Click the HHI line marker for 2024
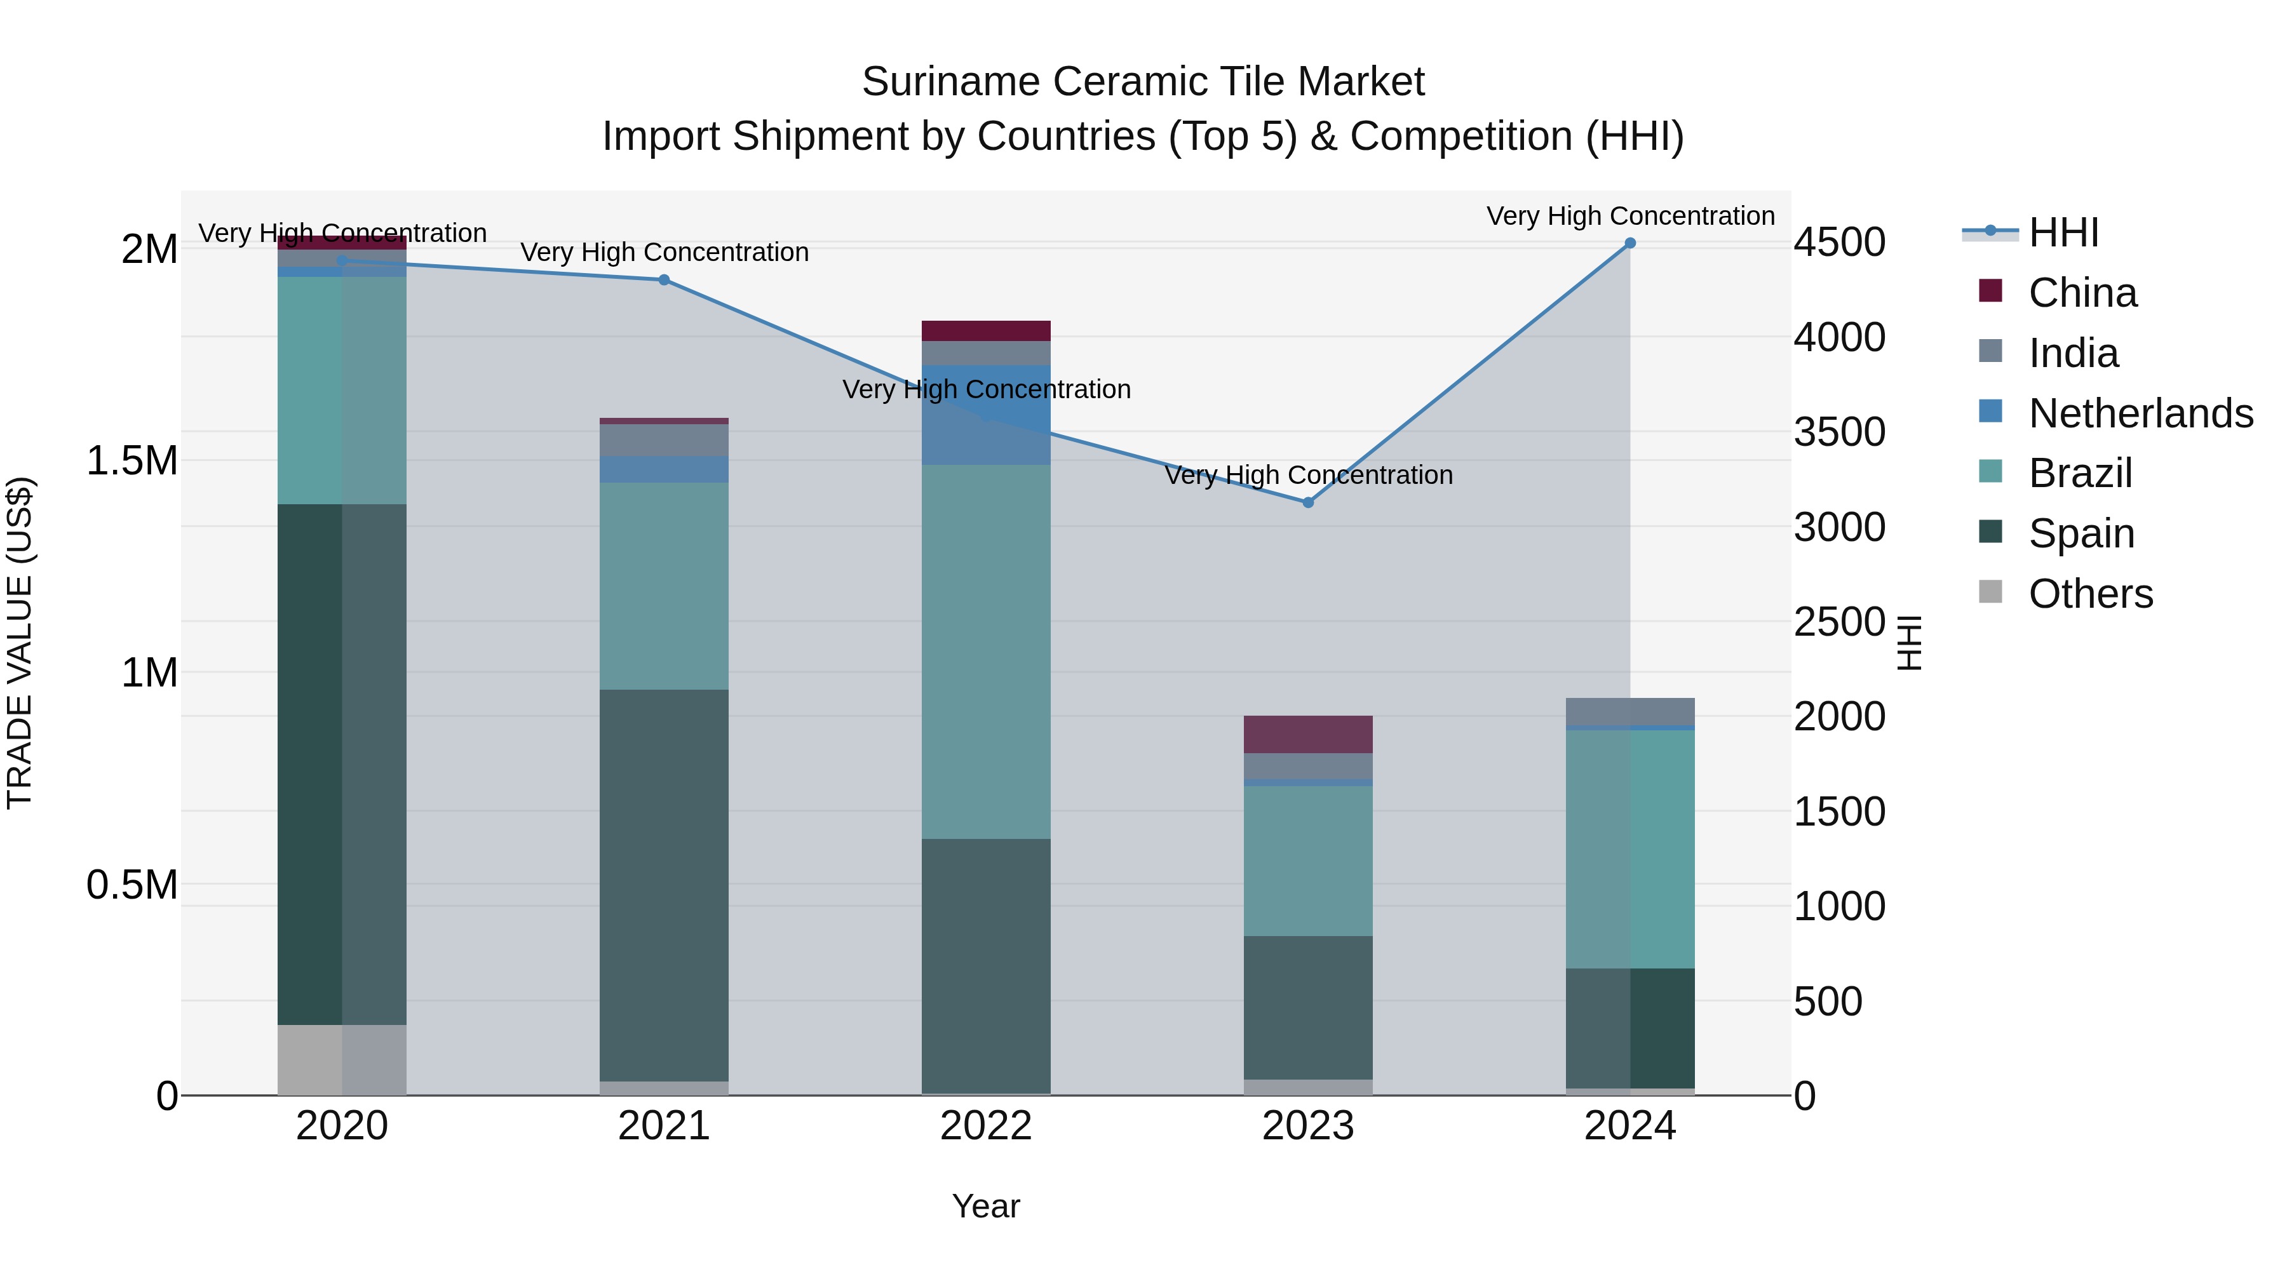[x=1630, y=243]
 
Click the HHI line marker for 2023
[x=1308, y=502]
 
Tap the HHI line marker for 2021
[x=664, y=279]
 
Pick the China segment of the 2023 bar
[x=1308, y=734]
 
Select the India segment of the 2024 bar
[x=1630, y=712]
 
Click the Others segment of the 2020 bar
[x=342, y=1060]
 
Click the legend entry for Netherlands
[x=2140, y=413]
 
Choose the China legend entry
[x=2082, y=293]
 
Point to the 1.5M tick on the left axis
[x=132, y=460]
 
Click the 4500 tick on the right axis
[x=1840, y=243]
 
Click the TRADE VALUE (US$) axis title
[x=20, y=643]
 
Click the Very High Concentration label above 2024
[x=1630, y=216]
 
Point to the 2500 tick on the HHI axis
[x=1840, y=622]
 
